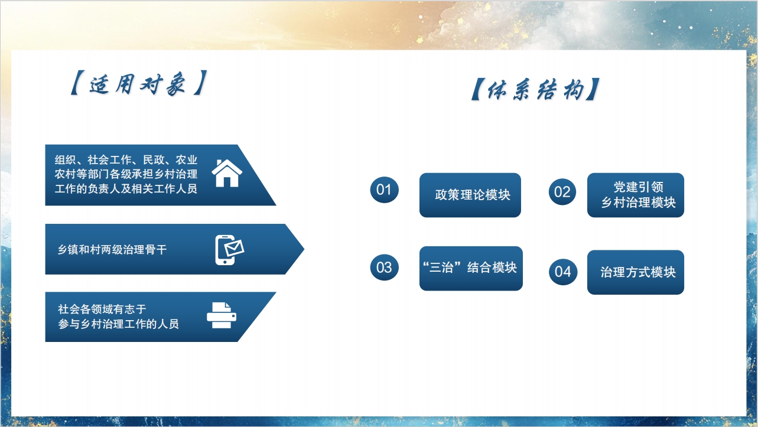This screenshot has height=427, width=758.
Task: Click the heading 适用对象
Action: click(x=138, y=83)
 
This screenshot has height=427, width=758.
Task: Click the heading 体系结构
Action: click(x=535, y=89)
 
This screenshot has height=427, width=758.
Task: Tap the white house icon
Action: click(x=227, y=173)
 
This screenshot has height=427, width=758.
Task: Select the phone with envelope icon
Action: click(x=229, y=250)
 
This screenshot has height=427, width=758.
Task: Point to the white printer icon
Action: click(x=222, y=315)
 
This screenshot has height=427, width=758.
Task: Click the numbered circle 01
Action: click(x=384, y=190)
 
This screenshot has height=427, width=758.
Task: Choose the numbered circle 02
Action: click(x=562, y=192)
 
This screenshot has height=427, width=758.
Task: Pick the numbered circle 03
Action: click(x=384, y=268)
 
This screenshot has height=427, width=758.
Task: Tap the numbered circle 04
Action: click(x=563, y=272)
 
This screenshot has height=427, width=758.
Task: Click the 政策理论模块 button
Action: click(x=470, y=195)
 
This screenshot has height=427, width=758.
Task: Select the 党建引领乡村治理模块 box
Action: click(x=636, y=195)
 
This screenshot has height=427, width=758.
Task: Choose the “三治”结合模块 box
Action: click(x=471, y=268)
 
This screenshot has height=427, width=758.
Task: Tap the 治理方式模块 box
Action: click(x=636, y=272)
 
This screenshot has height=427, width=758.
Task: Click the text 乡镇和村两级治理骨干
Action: click(x=112, y=250)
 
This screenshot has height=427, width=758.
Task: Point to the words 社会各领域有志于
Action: click(x=102, y=309)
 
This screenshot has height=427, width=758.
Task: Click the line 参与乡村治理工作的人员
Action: click(x=118, y=324)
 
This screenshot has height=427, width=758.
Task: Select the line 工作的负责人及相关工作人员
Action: click(x=126, y=188)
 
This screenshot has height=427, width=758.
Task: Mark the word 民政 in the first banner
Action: click(x=154, y=159)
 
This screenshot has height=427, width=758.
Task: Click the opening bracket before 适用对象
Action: click(x=75, y=83)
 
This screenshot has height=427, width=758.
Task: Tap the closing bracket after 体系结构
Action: click(x=594, y=90)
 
